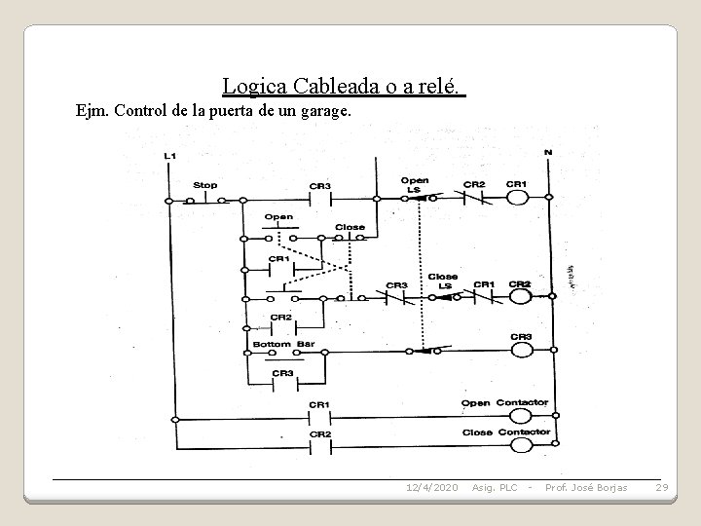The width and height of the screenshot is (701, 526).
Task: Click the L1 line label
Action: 170,156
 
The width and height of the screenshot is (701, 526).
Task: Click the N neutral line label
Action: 547,153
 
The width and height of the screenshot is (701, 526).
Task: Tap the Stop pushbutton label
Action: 205,185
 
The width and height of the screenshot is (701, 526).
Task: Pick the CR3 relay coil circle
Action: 520,352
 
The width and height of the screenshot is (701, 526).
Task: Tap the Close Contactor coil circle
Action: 520,445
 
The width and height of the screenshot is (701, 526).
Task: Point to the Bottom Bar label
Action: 277,344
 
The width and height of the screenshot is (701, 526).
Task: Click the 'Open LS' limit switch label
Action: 415,184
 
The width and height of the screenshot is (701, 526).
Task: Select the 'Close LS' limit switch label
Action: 443,281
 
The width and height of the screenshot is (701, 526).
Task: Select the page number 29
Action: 661,486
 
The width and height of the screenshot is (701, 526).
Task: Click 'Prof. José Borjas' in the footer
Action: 586,486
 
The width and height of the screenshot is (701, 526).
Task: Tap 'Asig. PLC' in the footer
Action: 493,486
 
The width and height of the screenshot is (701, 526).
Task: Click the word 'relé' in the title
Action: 437,86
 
